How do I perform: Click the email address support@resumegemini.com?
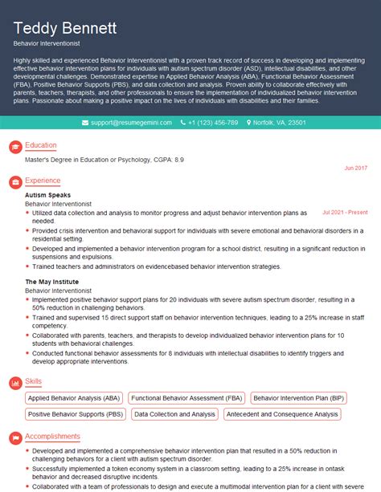(x=129, y=123)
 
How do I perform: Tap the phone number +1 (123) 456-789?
(x=213, y=123)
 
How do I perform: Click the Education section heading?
(x=41, y=145)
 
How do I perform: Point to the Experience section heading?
(x=43, y=181)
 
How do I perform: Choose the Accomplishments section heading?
(x=52, y=436)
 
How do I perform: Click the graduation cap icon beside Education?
(x=14, y=146)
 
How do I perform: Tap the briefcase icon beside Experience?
(x=14, y=182)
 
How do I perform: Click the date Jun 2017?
(x=355, y=168)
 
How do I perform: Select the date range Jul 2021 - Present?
(x=345, y=213)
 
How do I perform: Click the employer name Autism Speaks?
(x=47, y=195)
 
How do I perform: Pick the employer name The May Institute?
(x=51, y=282)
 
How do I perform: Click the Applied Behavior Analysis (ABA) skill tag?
(x=74, y=397)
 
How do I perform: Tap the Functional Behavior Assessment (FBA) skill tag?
(x=186, y=397)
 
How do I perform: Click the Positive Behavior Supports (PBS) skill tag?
(x=76, y=414)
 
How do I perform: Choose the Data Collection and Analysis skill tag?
(x=175, y=414)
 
